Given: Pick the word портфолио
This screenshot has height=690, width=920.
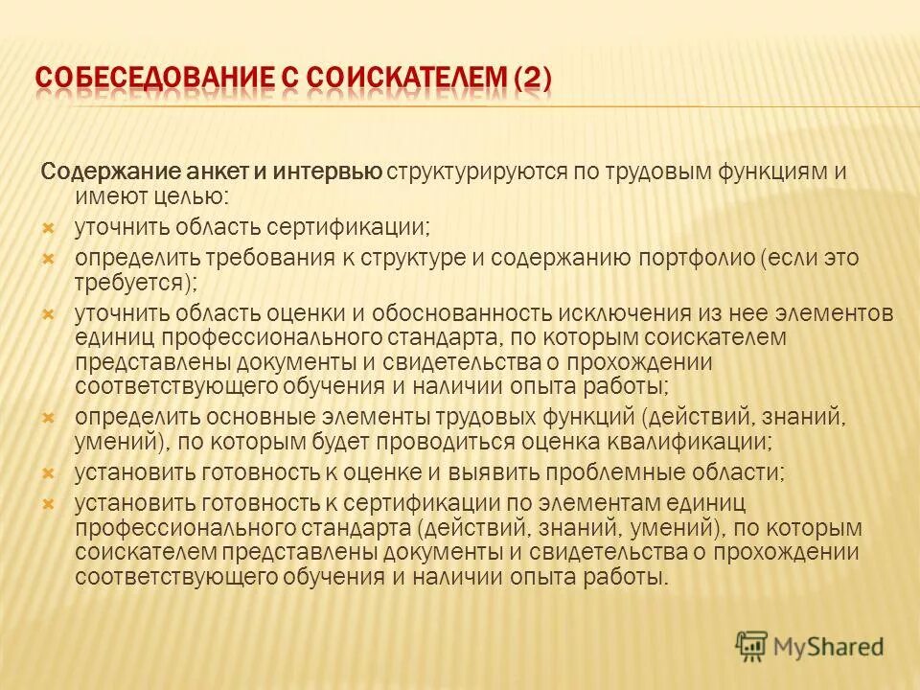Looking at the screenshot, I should click(697, 259).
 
